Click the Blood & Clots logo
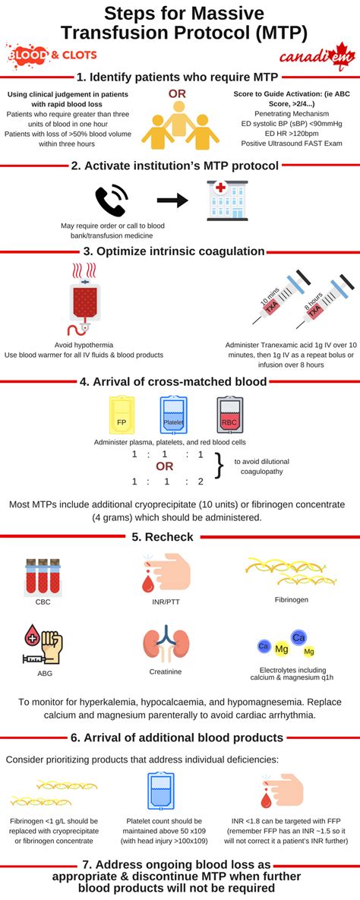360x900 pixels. [47, 55]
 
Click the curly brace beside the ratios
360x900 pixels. [220, 466]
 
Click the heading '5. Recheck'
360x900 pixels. [179, 537]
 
